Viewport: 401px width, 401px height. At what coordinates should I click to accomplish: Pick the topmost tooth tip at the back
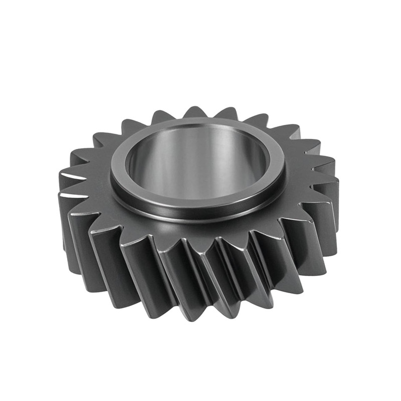coord(195,111)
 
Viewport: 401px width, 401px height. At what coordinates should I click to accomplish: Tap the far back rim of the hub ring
coord(200,122)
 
